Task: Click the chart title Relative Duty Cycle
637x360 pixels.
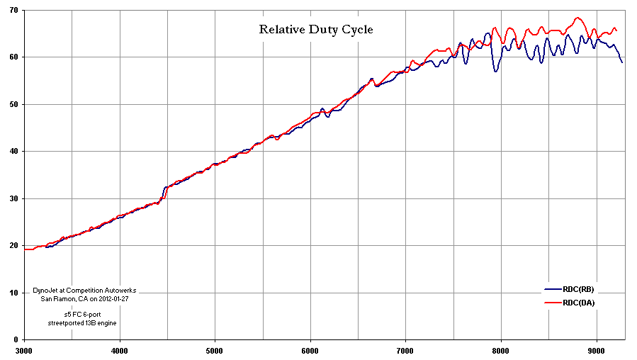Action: click(x=316, y=30)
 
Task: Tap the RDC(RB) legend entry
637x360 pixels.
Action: click(x=569, y=290)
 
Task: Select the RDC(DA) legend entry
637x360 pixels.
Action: click(x=570, y=303)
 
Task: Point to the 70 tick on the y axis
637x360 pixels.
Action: click(x=13, y=10)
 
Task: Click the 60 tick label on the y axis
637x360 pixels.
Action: click(x=13, y=57)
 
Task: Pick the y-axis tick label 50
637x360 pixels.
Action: click(x=13, y=104)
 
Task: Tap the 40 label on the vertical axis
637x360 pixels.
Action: click(x=13, y=152)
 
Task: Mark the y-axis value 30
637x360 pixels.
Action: click(x=13, y=198)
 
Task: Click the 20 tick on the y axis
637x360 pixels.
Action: click(x=13, y=246)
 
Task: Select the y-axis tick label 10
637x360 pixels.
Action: click(x=13, y=293)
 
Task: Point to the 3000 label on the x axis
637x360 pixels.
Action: click(x=24, y=351)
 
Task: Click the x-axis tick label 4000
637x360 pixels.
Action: click(x=120, y=351)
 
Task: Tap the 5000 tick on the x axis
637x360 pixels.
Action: click(x=215, y=351)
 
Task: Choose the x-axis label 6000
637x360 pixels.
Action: click(x=311, y=351)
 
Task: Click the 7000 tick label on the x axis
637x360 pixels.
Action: click(x=406, y=351)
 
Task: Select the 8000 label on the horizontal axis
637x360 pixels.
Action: click(x=502, y=351)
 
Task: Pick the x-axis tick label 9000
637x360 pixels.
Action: click(x=597, y=351)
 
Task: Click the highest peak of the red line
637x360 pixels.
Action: click(x=577, y=18)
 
